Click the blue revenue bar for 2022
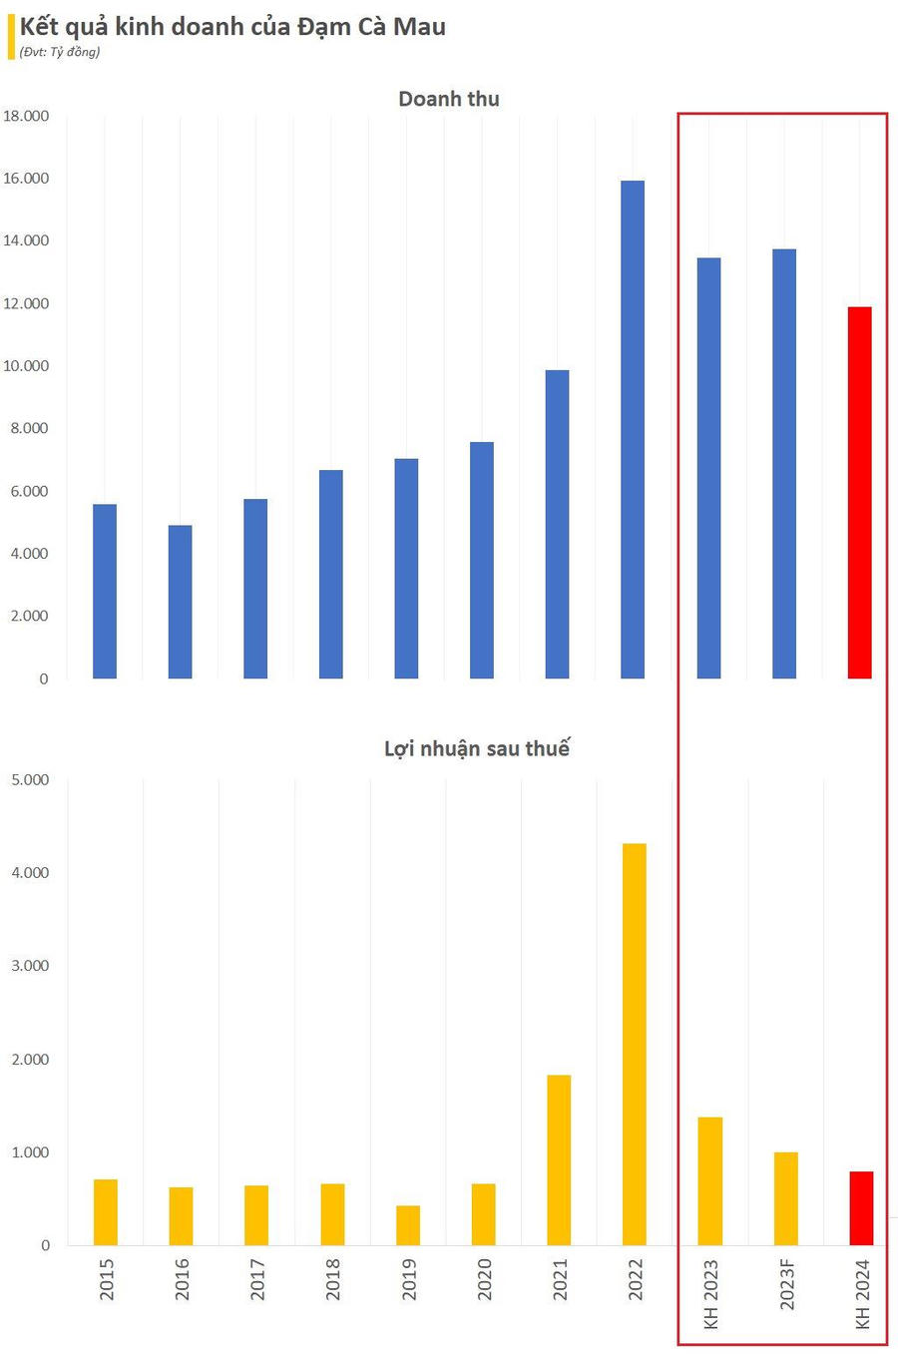click(x=633, y=429)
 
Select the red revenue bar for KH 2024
click(x=859, y=493)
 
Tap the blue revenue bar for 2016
click(x=180, y=602)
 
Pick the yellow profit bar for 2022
click(x=635, y=1044)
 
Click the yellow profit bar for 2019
click(x=408, y=1225)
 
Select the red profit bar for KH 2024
click(x=861, y=1208)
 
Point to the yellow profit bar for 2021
click(x=559, y=1159)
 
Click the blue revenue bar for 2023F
click(x=784, y=464)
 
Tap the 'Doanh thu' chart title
click(x=449, y=99)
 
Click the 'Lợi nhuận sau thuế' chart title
click(x=477, y=748)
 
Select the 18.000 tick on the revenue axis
click(x=26, y=116)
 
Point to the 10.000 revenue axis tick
click(x=26, y=366)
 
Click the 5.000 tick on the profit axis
click(x=30, y=779)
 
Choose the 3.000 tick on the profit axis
click(x=30, y=966)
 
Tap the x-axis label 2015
click(x=107, y=1278)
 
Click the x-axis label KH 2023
click(x=711, y=1294)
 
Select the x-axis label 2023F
click(x=787, y=1284)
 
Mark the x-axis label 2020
click(x=484, y=1278)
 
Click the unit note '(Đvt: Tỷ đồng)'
click(x=60, y=52)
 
